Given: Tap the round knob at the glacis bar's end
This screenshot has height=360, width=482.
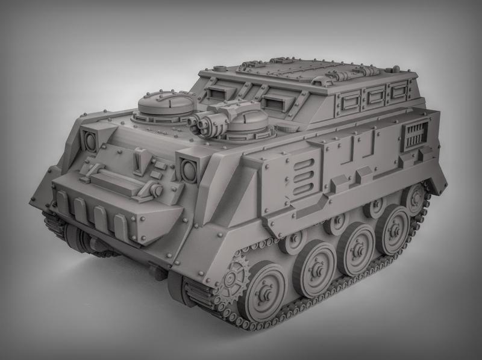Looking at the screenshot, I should pyautogui.click(x=155, y=190).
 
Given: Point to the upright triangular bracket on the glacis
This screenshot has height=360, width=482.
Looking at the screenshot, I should pyautogui.click(x=138, y=161).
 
